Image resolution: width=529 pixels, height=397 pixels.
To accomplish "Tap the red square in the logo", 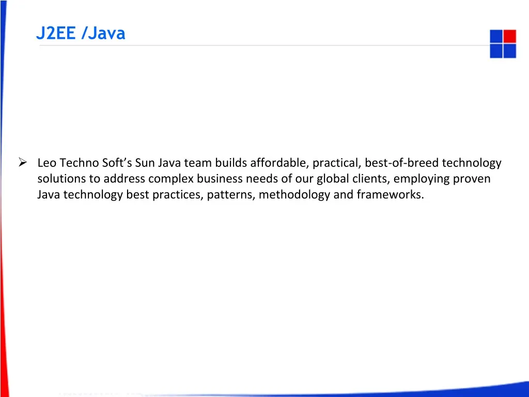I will tap(509, 36).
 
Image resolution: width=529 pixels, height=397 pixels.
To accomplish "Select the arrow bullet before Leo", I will tap(23, 163).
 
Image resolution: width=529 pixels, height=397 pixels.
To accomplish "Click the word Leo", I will tap(47, 163).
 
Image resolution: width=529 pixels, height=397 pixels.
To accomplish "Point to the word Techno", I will tap(78, 163).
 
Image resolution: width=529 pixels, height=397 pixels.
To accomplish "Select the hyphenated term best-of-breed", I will tap(401, 163).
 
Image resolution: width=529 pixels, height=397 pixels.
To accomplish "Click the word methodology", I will tap(294, 195).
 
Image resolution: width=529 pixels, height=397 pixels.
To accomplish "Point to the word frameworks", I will tap(390, 195).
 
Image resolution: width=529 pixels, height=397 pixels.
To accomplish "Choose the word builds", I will tap(230, 163).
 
